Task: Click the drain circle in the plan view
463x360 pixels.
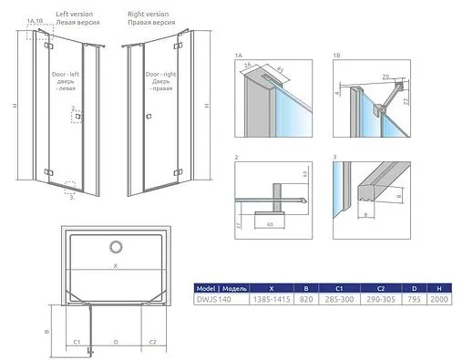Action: pyautogui.click(x=115, y=246)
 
